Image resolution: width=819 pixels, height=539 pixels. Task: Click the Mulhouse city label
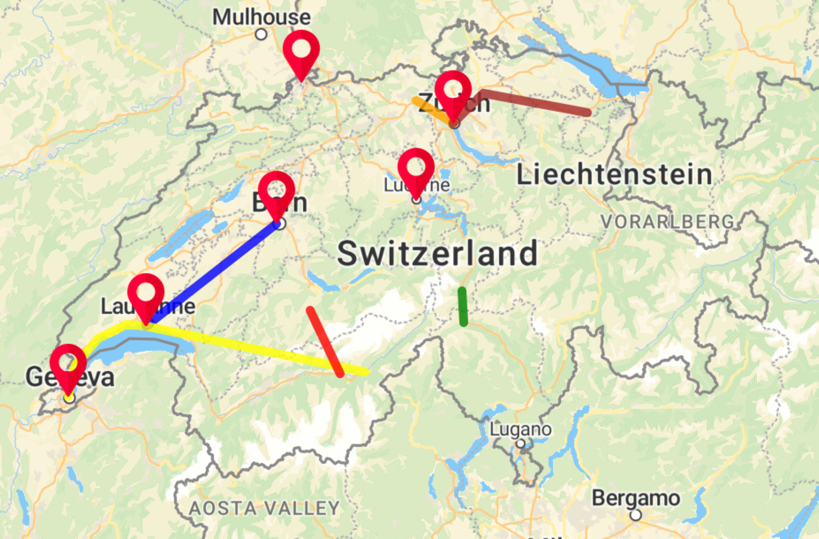tap(261, 17)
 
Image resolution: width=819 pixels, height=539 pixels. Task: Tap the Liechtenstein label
tap(614, 175)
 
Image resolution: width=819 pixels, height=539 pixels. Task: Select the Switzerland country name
tap(437, 253)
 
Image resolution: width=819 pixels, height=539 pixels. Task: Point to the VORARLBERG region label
tap(667, 222)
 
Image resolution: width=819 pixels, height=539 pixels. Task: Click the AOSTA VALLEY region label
tap(264, 508)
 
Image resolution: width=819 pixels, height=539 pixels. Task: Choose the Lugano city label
tap(520, 429)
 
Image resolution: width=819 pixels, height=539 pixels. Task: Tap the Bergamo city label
tap(636, 498)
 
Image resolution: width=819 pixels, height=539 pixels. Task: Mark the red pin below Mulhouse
tap(301, 50)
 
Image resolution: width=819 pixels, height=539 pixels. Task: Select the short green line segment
tap(463, 307)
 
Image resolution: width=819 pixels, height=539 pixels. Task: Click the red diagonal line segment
tap(325, 342)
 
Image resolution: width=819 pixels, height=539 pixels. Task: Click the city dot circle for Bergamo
tap(635, 515)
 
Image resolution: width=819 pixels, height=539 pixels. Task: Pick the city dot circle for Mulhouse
tap(261, 34)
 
